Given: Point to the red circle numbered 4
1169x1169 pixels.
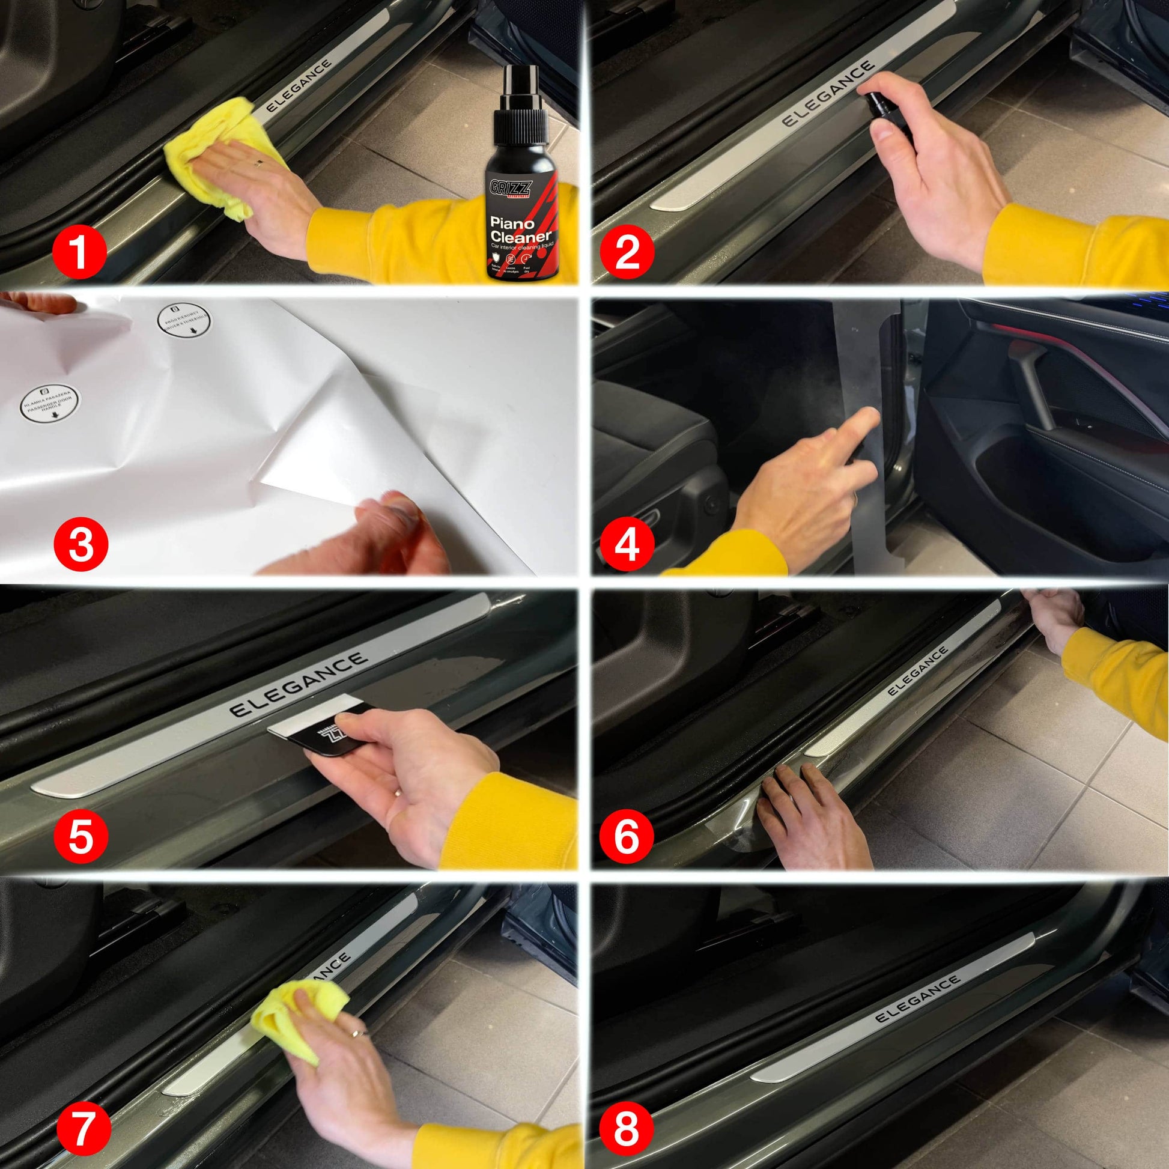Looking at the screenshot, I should click(x=627, y=543).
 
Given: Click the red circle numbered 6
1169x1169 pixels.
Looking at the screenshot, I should click(x=627, y=836).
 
